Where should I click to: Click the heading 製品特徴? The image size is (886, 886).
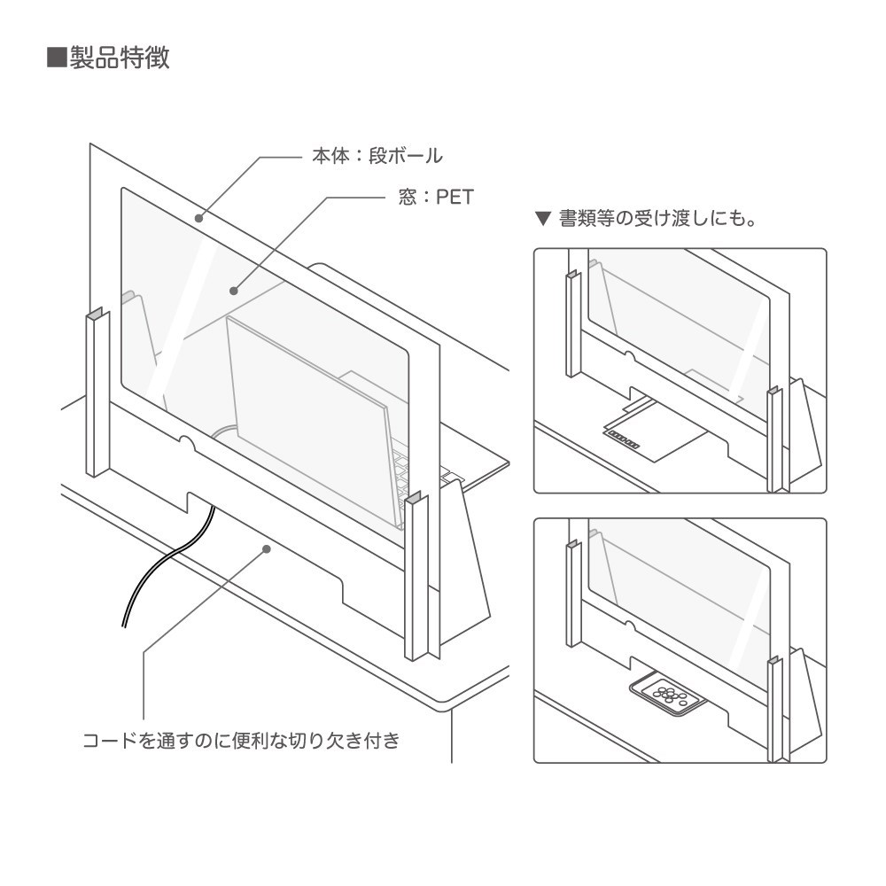[x=120, y=58]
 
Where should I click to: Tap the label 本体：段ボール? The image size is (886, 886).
[x=377, y=156]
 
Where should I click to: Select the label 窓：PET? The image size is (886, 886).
[x=436, y=197]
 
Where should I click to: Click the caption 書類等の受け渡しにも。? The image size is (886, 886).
[x=657, y=218]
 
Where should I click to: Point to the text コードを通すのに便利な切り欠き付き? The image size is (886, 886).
[x=241, y=740]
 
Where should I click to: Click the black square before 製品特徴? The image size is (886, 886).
[x=57, y=58]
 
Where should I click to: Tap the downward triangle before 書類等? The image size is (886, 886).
[x=543, y=219]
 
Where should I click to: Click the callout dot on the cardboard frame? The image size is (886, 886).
[x=198, y=218]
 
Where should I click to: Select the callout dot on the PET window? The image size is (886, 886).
[x=233, y=291]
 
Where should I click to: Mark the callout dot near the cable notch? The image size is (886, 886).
[x=267, y=548]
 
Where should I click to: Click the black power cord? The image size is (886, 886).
[x=169, y=565]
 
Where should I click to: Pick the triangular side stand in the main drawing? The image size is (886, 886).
[x=464, y=559]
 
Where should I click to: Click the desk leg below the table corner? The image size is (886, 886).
[x=452, y=734]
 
